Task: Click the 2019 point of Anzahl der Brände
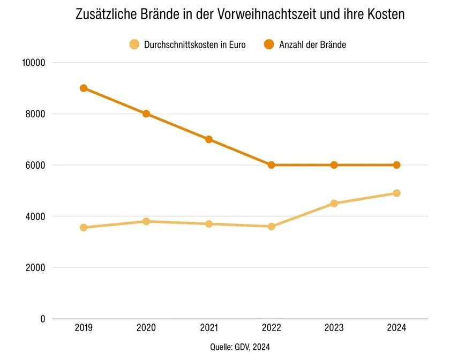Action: [84, 88]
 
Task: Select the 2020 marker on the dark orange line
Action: [146, 114]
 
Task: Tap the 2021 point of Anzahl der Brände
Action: [209, 139]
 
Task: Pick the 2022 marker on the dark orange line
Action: [272, 165]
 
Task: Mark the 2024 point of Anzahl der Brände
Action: [397, 165]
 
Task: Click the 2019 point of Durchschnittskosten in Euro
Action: [84, 228]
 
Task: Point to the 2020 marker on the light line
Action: [146, 221]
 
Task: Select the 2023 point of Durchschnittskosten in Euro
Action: [334, 204]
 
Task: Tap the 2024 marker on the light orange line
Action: [397, 193]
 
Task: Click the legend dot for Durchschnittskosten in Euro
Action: [134, 44]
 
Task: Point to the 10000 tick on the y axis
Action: [33, 63]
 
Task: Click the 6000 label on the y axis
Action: [34, 165]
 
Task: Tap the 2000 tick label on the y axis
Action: [34, 268]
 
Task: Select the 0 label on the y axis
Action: [41, 319]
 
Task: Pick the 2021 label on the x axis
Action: [209, 328]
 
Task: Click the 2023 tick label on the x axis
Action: [334, 328]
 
